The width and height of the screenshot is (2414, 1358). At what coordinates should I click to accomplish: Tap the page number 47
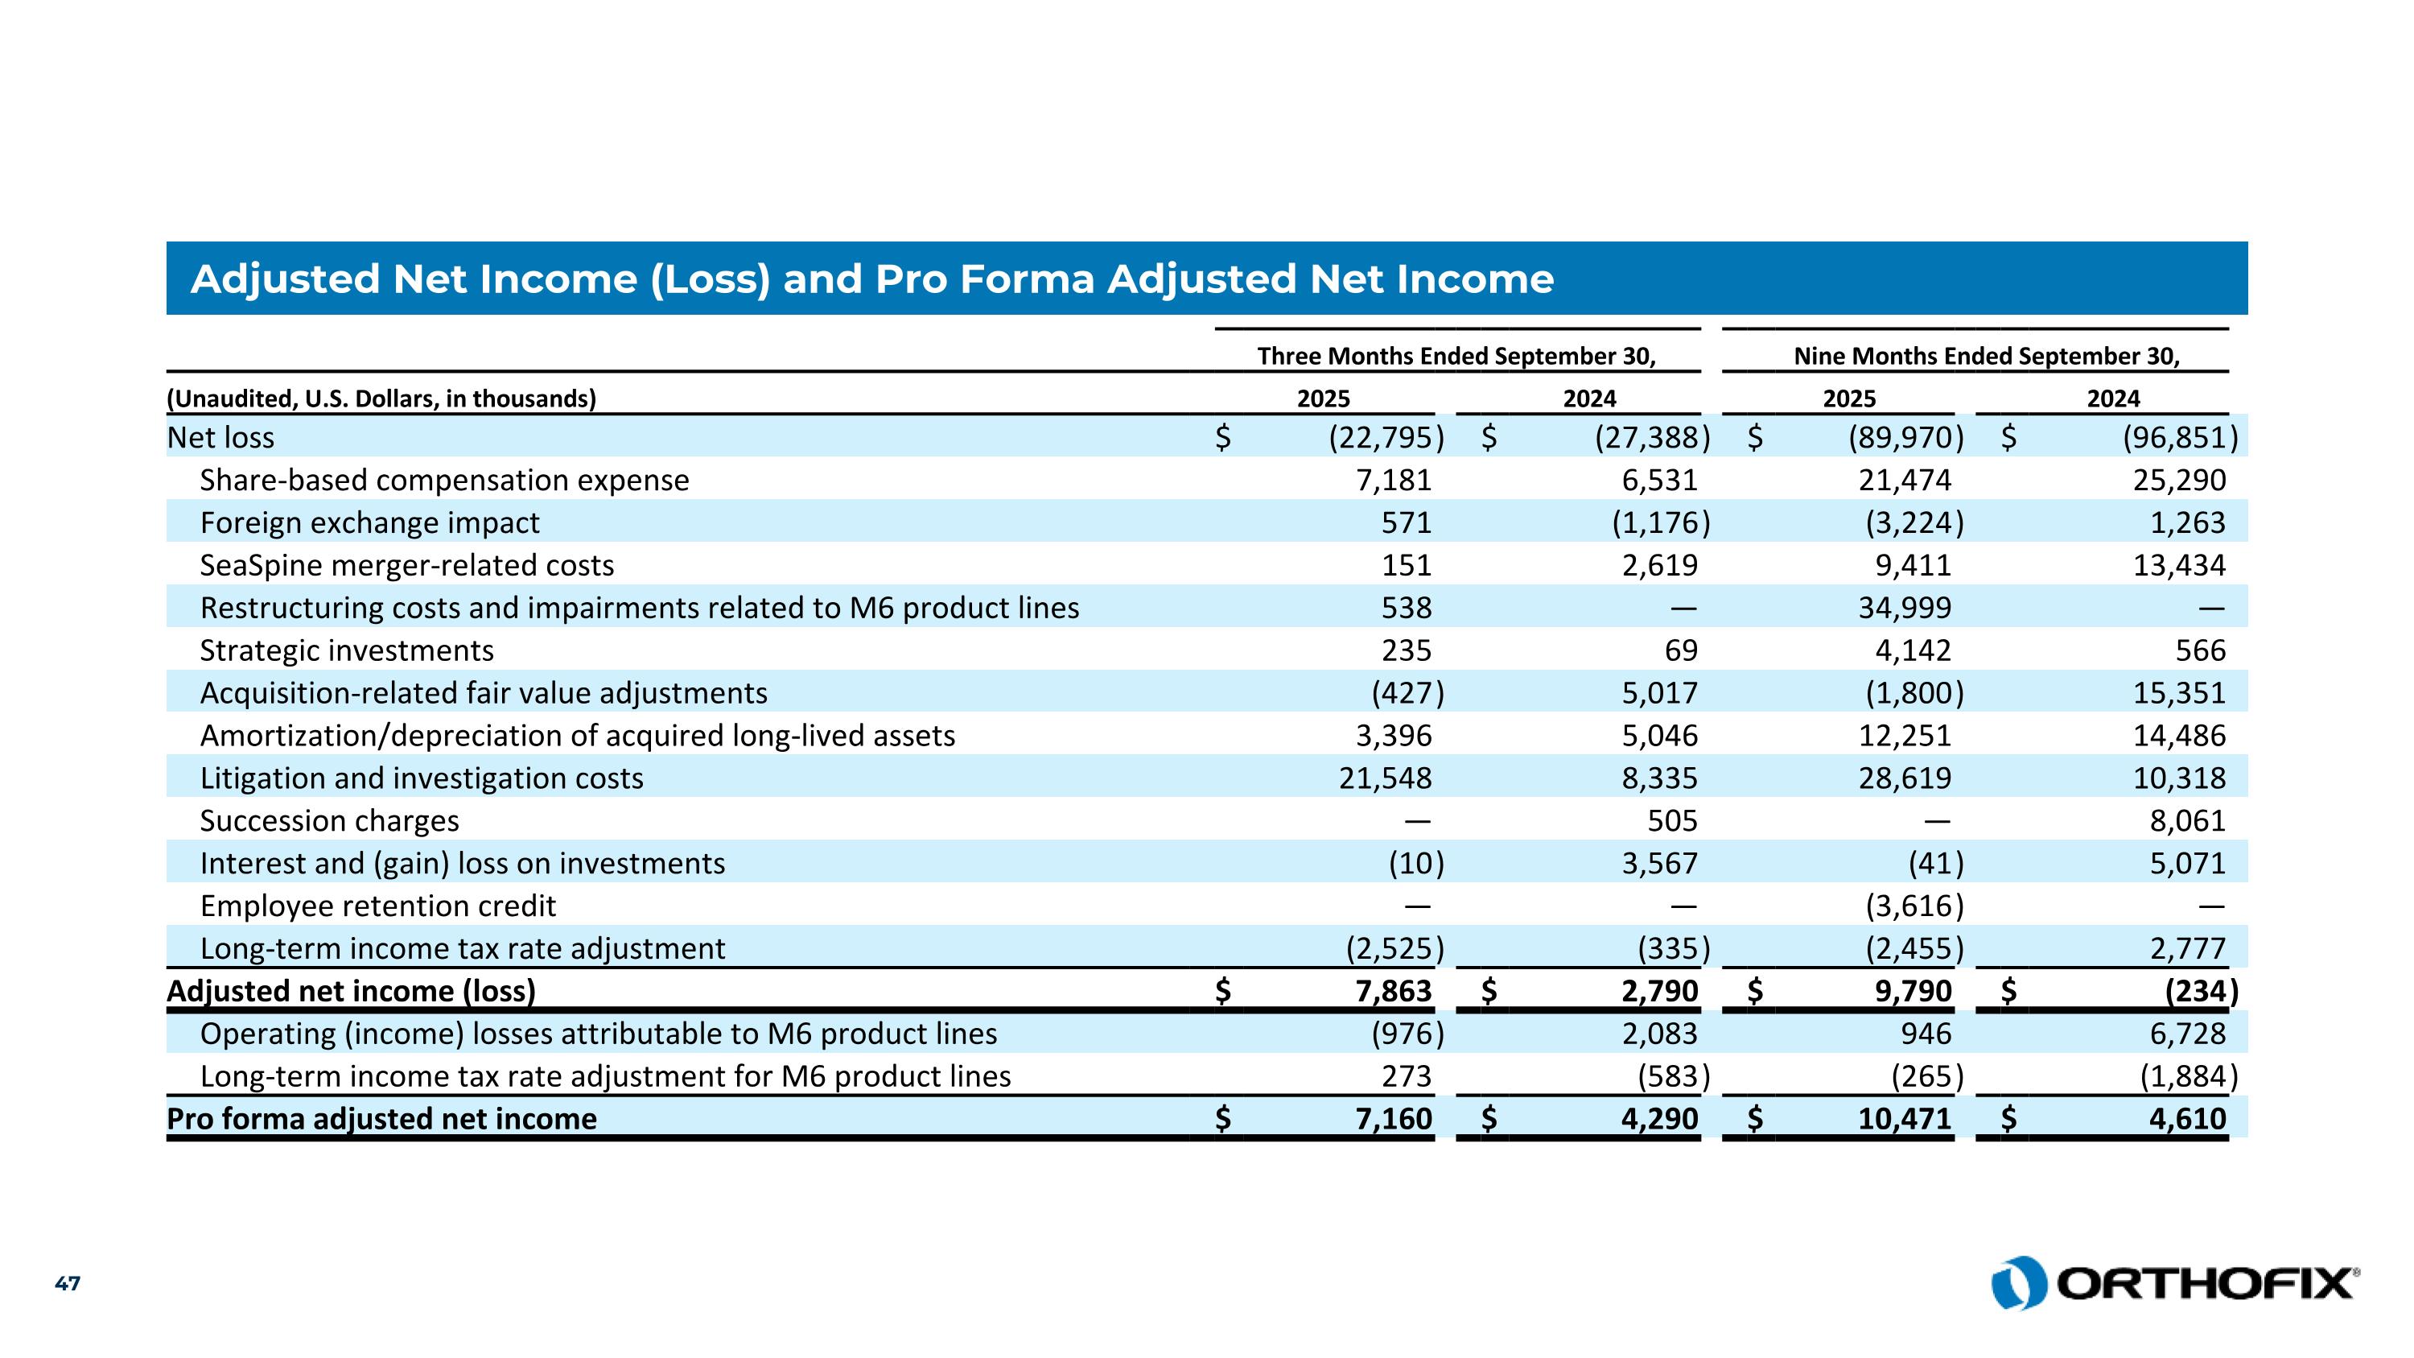coord(68,1283)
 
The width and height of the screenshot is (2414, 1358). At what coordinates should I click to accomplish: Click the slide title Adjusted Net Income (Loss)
coord(871,279)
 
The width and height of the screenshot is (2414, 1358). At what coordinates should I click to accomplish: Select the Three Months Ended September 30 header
coord(1456,356)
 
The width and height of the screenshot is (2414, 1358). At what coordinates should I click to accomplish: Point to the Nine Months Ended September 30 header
coord(1987,356)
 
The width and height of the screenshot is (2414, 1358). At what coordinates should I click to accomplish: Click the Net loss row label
coord(220,438)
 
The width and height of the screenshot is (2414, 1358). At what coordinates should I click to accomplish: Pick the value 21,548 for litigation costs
coord(1385,778)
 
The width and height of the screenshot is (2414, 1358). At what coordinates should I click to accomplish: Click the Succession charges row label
coord(330,821)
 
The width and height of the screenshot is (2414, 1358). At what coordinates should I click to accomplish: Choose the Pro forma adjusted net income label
coord(381,1119)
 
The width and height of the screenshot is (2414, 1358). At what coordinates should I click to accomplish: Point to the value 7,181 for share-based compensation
coord(1394,480)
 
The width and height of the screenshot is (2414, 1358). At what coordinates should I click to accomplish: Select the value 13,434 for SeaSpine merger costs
coord(2179,565)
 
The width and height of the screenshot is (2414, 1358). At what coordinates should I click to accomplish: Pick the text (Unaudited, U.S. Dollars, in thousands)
coord(381,399)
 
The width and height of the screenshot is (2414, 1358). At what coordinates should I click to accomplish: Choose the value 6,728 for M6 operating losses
coord(2187,1034)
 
